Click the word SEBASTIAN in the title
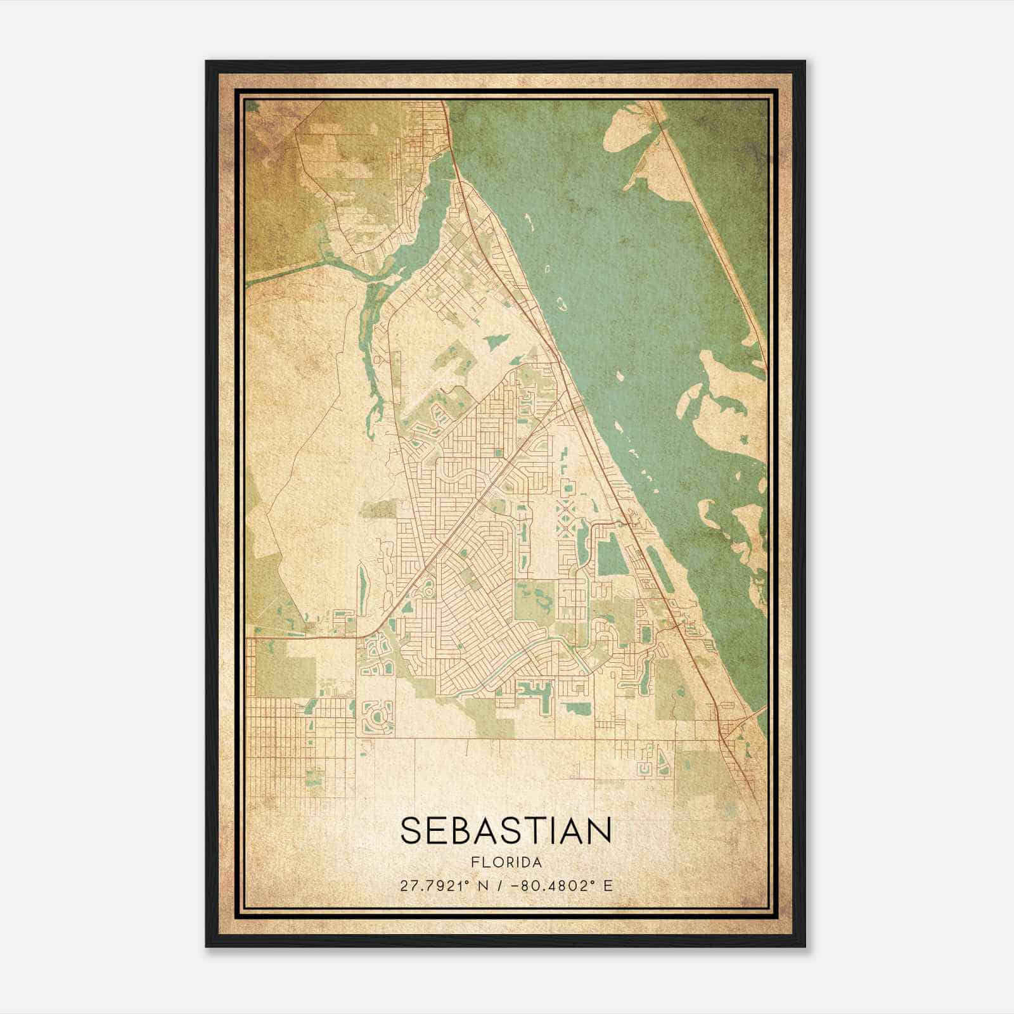(x=506, y=831)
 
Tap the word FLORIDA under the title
(x=506, y=863)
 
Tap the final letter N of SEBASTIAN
(x=599, y=831)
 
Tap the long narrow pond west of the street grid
(x=363, y=584)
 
